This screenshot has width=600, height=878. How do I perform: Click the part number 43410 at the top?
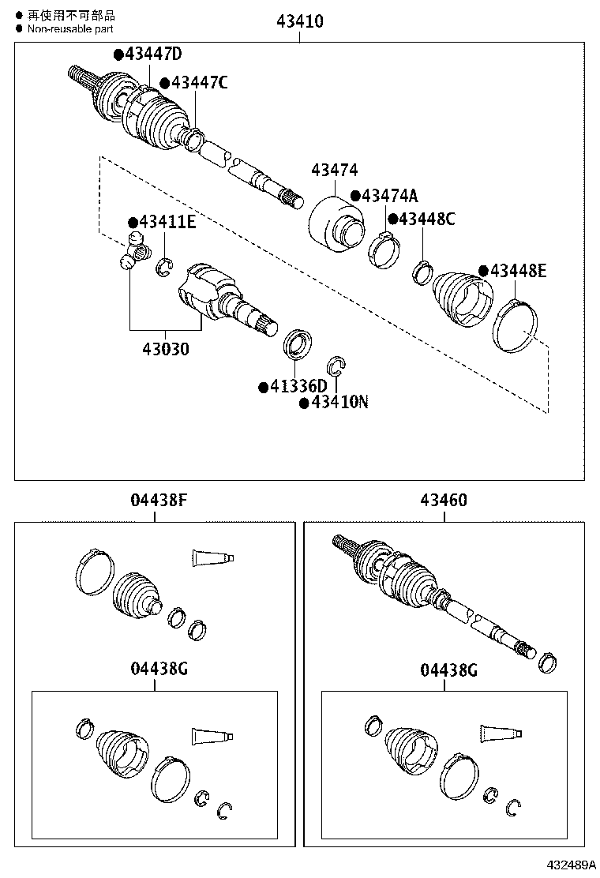coord(299,21)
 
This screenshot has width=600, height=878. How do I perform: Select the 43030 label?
coord(166,347)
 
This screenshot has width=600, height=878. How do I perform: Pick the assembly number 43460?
coord(443,501)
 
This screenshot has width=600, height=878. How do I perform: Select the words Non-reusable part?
coord(70,28)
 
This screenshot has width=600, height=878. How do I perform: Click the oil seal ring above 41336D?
coord(297,343)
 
